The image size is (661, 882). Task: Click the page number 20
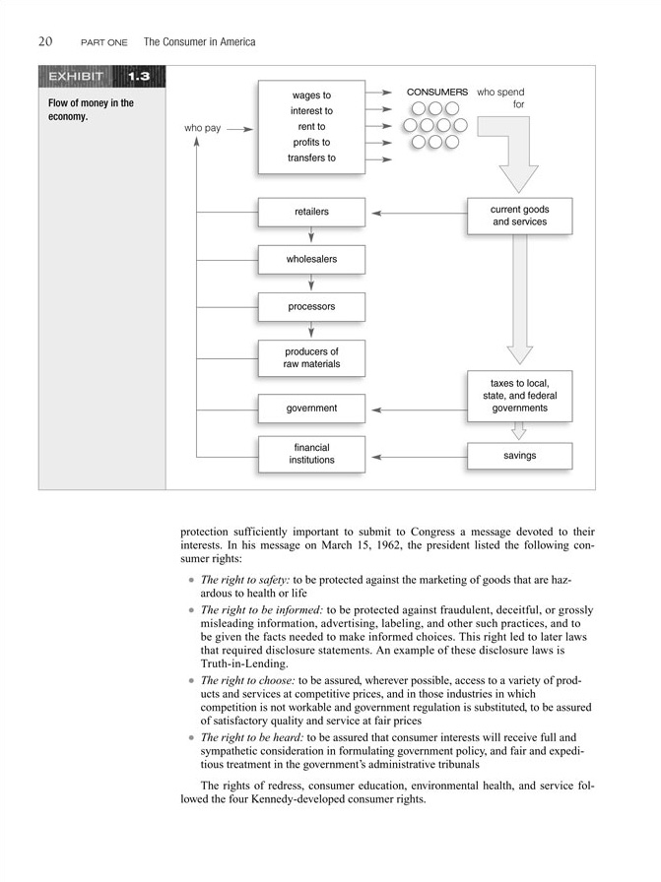click(x=45, y=41)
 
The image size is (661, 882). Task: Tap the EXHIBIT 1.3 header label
click(x=101, y=77)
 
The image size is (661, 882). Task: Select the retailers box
click(x=311, y=212)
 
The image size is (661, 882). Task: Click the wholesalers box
click(x=311, y=259)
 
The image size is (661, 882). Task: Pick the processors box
click(x=311, y=306)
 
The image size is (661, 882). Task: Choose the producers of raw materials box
click(x=311, y=358)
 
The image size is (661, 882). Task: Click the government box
click(x=311, y=409)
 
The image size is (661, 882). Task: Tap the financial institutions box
click(x=311, y=454)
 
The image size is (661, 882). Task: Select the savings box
click(x=519, y=456)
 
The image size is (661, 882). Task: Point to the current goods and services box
click(x=519, y=216)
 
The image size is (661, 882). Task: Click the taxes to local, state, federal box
click(x=518, y=396)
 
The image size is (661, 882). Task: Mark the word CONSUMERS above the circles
click(x=437, y=92)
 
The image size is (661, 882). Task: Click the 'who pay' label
click(x=202, y=129)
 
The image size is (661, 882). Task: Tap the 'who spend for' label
click(x=502, y=97)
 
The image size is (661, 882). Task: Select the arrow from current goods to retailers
click(x=418, y=213)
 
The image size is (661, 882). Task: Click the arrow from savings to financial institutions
click(x=418, y=456)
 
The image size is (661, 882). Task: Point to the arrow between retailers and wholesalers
click(x=311, y=235)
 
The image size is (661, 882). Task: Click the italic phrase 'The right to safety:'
click(x=246, y=580)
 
